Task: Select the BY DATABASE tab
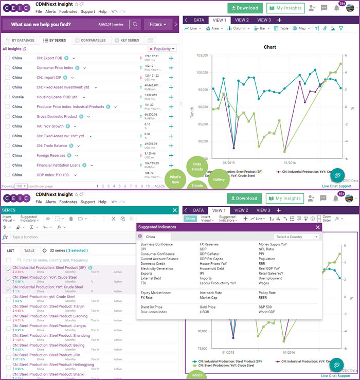[x=21, y=40]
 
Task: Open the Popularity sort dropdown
[x=163, y=49]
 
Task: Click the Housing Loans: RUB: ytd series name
[x=57, y=97]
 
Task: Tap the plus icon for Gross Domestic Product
[x=171, y=117]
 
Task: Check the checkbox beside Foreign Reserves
[x=8, y=155]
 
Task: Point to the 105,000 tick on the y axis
[x=202, y=55]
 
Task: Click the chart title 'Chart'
[x=269, y=47]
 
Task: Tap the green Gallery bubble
[x=219, y=179]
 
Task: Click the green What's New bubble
[x=175, y=179]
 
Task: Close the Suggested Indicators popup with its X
[x=317, y=227]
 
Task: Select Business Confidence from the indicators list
[x=157, y=244]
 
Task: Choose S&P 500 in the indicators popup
[x=265, y=306]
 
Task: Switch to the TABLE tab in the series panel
[x=29, y=250]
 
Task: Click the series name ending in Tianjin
[x=49, y=306]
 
